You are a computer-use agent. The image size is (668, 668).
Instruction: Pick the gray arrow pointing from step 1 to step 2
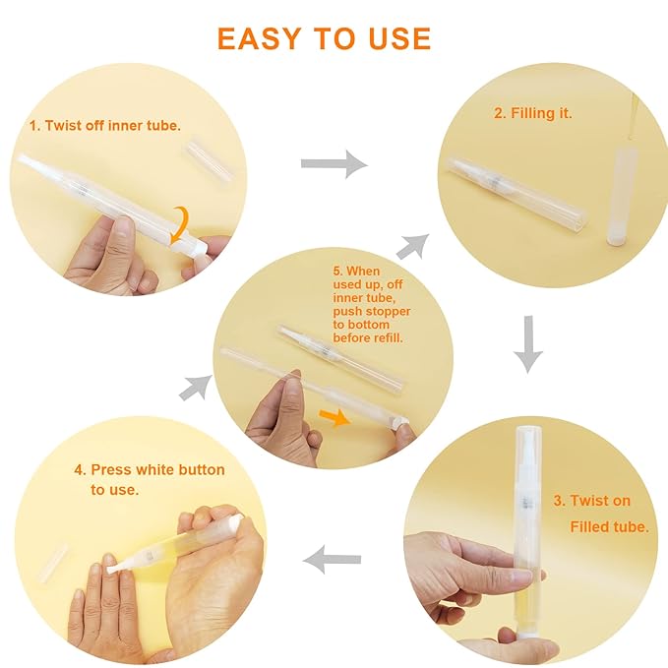tap(334, 164)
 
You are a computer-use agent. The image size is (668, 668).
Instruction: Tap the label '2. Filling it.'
tap(532, 113)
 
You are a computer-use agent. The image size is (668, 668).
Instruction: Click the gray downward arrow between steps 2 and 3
tap(528, 344)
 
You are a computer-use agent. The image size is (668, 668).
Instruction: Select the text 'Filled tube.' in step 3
tap(609, 526)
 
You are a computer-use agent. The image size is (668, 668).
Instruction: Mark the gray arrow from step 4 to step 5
tap(195, 387)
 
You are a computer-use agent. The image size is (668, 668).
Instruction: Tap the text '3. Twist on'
tap(591, 501)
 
